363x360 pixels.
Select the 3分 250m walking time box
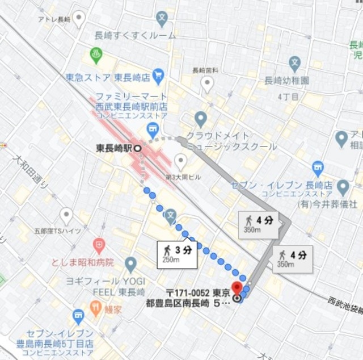(x=178, y=254)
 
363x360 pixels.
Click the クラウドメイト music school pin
(x=200, y=119)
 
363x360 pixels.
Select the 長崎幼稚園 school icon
(x=294, y=63)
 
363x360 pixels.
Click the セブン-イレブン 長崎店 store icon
(x=318, y=168)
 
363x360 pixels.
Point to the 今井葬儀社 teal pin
(x=343, y=187)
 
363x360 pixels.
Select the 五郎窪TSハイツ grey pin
(x=66, y=216)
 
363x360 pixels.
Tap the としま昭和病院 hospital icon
(x=99, y=246)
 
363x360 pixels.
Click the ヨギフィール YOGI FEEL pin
(x=131, y=264)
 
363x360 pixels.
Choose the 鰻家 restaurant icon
(x=96, y=308)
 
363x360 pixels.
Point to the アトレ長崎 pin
(x=79, y=18)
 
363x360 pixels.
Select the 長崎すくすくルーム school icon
(x=162, y=18)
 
